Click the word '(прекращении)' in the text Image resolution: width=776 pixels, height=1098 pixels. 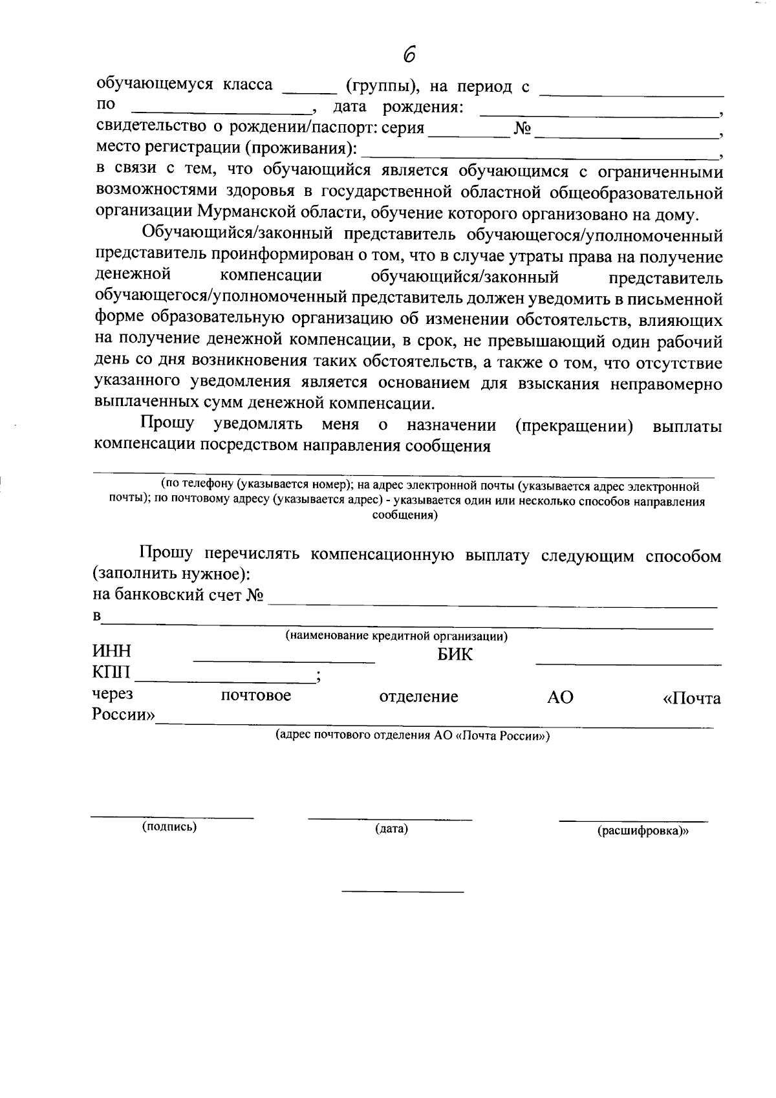574,426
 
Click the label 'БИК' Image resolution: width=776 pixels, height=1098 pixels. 455,654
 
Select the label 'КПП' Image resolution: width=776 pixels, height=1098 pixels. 112,674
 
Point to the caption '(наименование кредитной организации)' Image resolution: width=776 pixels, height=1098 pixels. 396,636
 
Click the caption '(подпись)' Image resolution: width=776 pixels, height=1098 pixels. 169,826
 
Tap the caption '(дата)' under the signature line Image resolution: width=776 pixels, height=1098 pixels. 391,829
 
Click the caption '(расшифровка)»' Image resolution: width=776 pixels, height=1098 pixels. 643,832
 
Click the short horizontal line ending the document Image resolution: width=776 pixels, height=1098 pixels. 402,892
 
